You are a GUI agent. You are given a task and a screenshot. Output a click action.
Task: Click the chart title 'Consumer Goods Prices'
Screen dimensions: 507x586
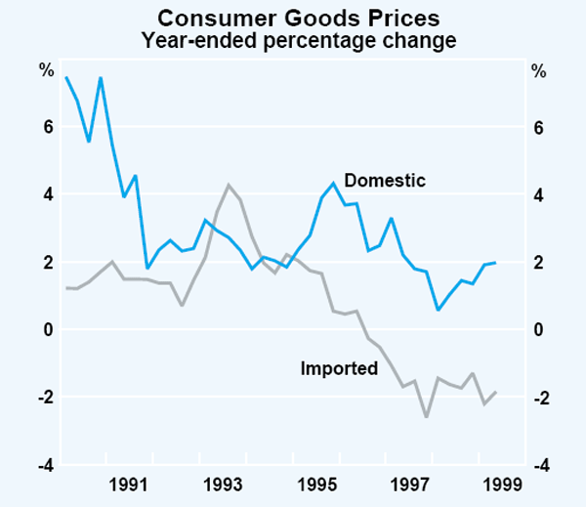point(292,18)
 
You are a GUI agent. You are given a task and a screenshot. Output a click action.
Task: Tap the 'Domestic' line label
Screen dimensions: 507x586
point(386,181)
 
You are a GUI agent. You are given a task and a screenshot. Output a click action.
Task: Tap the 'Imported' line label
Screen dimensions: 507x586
point(339,369)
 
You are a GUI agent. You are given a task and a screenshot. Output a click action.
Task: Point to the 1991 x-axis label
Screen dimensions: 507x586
point(129,484)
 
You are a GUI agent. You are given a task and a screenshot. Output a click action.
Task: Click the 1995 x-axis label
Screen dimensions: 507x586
point(316,484)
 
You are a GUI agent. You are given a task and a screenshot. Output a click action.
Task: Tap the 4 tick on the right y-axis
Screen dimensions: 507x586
point(537,195)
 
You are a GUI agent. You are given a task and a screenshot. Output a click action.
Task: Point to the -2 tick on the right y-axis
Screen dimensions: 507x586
point(537,398)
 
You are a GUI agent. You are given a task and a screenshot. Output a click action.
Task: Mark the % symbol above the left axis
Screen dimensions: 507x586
point(45,70)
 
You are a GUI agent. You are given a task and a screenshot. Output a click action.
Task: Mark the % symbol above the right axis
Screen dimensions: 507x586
point(538,70)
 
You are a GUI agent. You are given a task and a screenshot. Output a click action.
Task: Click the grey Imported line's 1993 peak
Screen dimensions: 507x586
point(229,185)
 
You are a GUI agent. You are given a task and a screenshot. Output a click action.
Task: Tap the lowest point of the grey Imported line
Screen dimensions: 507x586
point(426,417)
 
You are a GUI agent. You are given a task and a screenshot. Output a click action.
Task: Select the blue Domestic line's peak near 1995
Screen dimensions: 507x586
point(334,183)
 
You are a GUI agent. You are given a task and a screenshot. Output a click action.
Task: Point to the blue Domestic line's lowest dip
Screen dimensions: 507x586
point(438,310)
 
